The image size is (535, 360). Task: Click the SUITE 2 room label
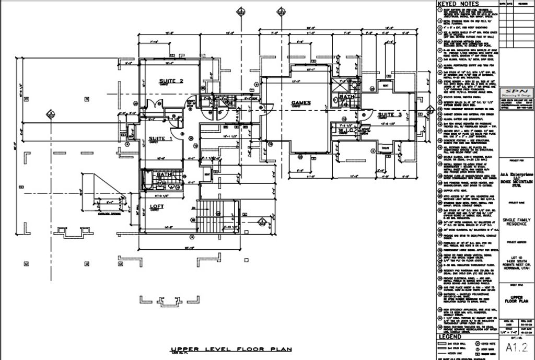(171, 81)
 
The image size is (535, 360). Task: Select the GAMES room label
(301, 103)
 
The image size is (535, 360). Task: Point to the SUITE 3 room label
(390, 114)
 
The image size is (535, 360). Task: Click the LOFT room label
(157, 206)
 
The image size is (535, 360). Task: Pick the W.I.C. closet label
(343, 130)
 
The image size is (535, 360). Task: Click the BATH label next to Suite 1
(164, 174)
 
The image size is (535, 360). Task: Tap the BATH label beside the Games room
(347, 97)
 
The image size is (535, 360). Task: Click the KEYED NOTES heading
(455, 4)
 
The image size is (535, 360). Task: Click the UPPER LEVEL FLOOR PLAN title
(231, 349)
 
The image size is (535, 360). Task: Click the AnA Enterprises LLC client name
(516, 174)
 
